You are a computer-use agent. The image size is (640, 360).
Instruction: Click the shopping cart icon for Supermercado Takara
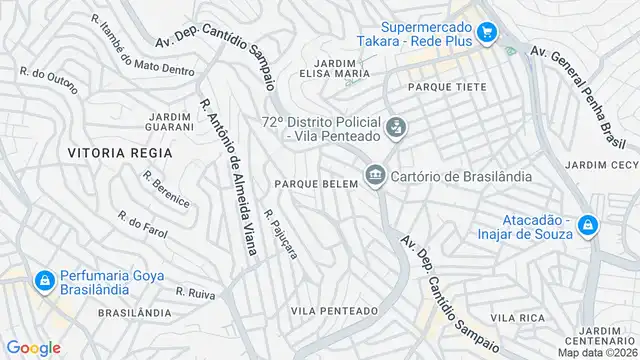coord(487,34)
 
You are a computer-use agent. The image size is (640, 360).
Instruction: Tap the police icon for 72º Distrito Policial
coord(397,127)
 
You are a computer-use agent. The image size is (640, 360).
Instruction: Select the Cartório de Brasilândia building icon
coord(375,176)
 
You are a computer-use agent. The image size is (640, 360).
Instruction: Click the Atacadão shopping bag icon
coord(588,226)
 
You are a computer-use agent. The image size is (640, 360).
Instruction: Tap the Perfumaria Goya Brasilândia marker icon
coord(45,283)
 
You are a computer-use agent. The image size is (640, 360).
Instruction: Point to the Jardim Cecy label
coord(601,164)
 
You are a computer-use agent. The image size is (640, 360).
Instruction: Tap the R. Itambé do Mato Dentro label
coord(143,46)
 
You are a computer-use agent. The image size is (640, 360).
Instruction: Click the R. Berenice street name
coord(166,188)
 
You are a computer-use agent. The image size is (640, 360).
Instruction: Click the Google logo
coord(33,347)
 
